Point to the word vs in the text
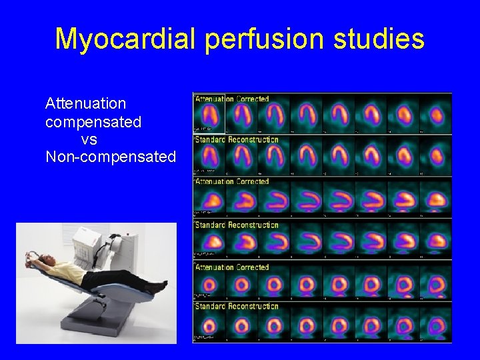pyautogui.click(x=89, y=139)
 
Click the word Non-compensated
pyautogui.click(x=111, y=157)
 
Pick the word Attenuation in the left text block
pyautogui.click(x=85, y=103)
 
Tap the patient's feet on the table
pyautogui.click(x=161, y=286)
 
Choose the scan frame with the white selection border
pyautogui.click(x=209, y=113)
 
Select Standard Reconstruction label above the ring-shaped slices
pyautogui.click(x=237, y=306)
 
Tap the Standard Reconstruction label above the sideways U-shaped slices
pyautogui.click(x=237, y=225)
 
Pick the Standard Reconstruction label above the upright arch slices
pyautogui.click(x=237, y=139)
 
